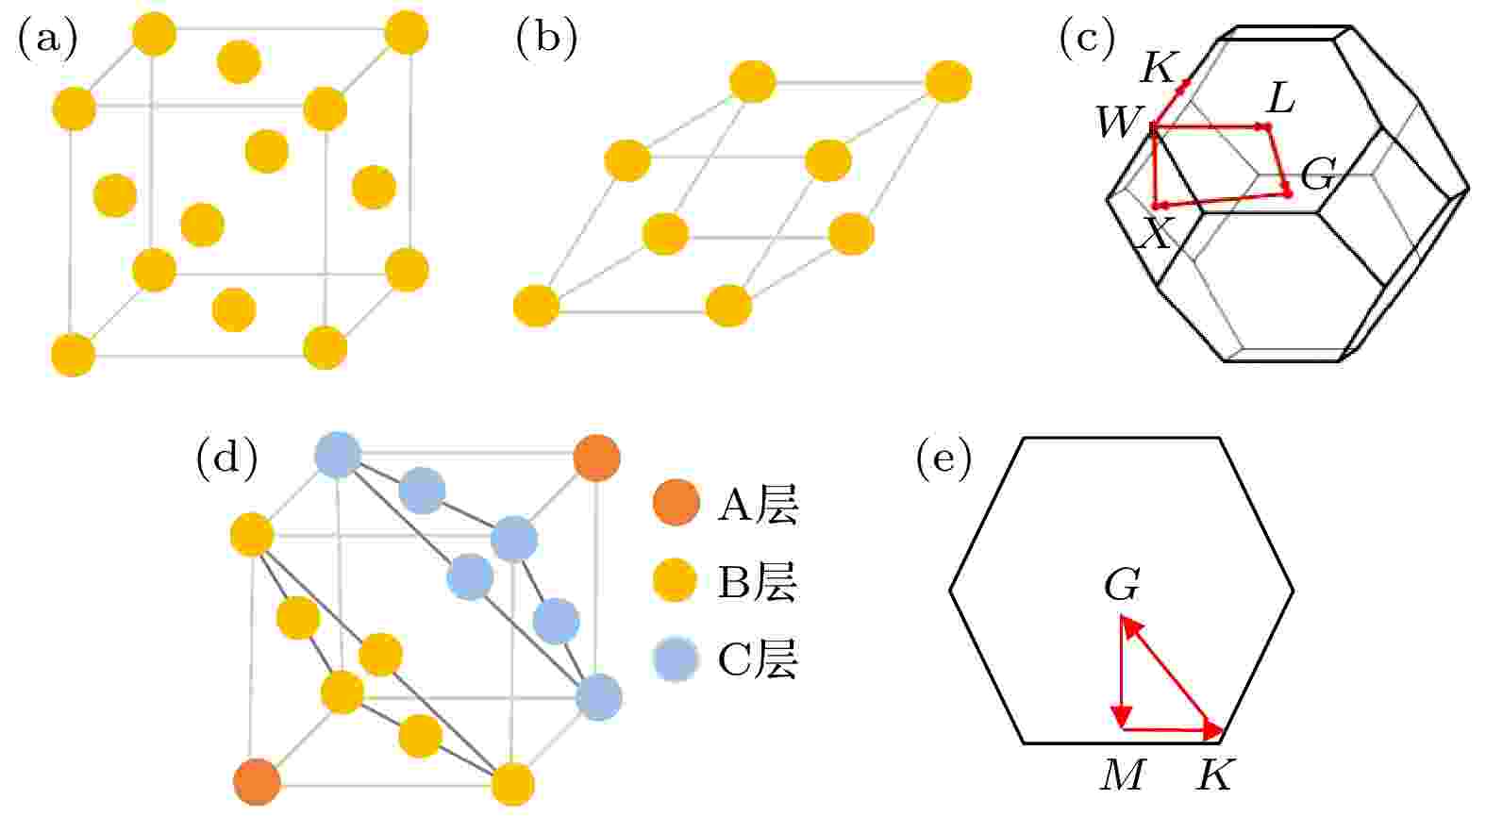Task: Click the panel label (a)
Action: click(47, 40)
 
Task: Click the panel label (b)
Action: click(546, 40)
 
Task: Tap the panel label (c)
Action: click(1087, 40)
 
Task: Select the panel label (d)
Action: click(226, 459)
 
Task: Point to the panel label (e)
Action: click(943, 459)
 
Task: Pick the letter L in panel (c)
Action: click(1280, 99)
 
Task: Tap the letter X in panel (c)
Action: click(1156, 233)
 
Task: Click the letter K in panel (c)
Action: click(1160, 68)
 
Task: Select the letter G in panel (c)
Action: click(1317, 175)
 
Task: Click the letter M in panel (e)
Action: click(1123, 775)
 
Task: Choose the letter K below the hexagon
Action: click(1214, 775)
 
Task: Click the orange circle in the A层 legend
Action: click(676, 502)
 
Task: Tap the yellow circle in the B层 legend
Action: click(675, 580)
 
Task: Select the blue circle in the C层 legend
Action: click(676, 659)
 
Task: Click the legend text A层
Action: click(758, 506)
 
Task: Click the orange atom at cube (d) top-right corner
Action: click(596, 458)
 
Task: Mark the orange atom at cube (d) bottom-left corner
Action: click(258, 782)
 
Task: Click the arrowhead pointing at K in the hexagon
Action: click(1212, 730)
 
